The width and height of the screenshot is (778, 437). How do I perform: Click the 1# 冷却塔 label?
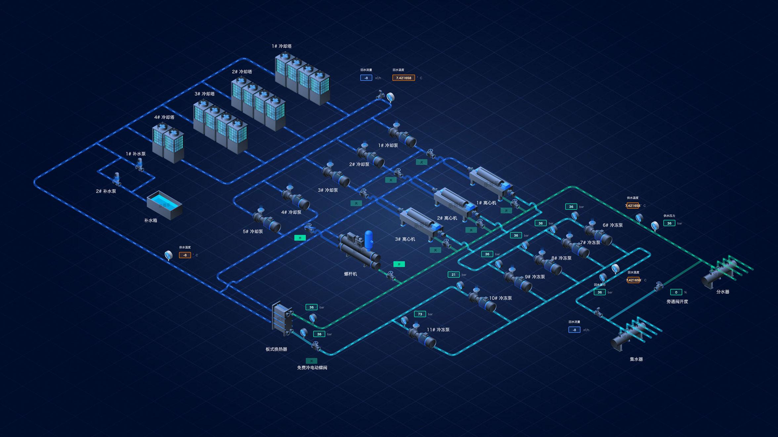click(282, 46)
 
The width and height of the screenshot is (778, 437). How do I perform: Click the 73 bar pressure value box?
click(420, 314)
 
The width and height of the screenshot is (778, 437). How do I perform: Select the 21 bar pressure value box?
click(454, 274)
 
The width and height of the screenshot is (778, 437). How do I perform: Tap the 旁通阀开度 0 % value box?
click(676, 292)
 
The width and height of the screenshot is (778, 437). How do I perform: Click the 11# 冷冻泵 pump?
click(422, 336)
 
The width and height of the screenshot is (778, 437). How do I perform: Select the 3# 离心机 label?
click(405, 239)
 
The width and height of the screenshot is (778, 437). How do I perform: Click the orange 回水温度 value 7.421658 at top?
click(404, 78)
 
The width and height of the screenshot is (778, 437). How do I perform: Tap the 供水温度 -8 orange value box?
click(185, 255)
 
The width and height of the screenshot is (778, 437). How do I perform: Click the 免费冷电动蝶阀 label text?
click(312, 367)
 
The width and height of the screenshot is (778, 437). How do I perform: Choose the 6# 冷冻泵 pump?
click(598, 234)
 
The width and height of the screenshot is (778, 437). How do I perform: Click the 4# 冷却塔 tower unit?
click(168, 142)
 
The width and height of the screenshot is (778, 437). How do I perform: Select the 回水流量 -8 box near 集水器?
click(574, 330)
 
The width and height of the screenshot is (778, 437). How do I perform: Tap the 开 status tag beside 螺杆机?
click(399, 264)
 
